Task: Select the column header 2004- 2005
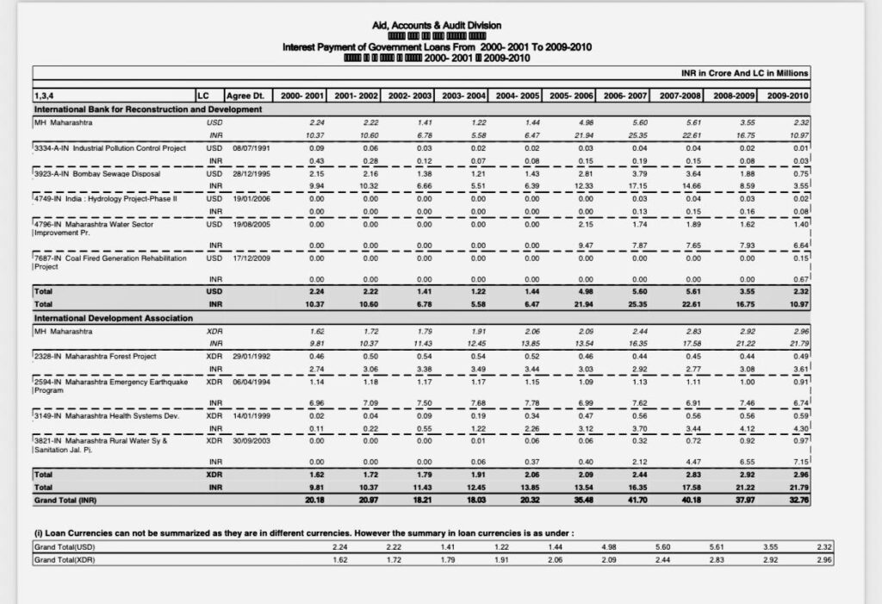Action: click(518, 95)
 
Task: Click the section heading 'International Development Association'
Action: click(112, 318)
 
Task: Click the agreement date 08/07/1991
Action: click(249, 148)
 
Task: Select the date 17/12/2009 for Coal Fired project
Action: click(249, 256)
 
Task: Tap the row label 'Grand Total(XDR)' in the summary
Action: click(65, 559)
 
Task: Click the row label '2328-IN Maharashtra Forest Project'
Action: click(96, 356)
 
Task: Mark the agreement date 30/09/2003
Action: click(249, 439)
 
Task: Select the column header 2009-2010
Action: click(787, 95)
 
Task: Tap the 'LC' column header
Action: click(203, 95)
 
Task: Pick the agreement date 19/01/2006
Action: click(249, 199)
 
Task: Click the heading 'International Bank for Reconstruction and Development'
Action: click(147, 109)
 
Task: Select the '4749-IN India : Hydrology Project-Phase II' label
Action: click(104, 199)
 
